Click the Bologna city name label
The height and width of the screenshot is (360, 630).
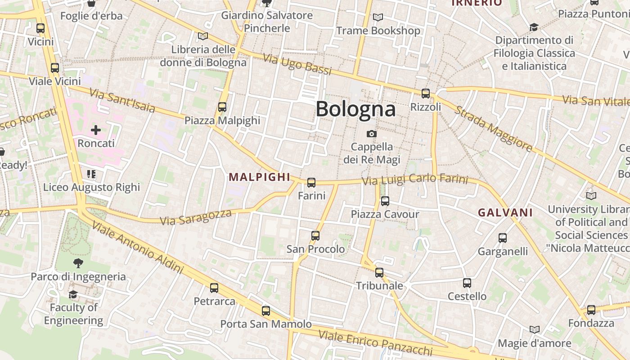coord(355,109)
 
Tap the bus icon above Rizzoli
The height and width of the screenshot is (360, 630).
coord(426,94)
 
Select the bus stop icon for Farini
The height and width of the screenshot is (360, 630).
coord(311,183)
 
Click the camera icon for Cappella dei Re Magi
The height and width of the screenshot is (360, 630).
coord(372,134)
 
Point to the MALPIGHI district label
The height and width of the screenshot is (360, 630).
coord(259,177)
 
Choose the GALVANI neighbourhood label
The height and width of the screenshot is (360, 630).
coord(505,213)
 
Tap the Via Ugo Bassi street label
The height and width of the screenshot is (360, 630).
coord(297,65)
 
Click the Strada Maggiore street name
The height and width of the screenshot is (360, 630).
coord(493,129)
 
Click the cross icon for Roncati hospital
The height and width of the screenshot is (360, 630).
coord(96,130)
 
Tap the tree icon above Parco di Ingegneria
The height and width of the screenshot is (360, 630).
coord(78,263)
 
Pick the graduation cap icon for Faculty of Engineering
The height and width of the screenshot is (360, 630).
coord(73,295)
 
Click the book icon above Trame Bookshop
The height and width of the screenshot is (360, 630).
coord(378,18)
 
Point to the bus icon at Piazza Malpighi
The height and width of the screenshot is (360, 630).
coord(222,107)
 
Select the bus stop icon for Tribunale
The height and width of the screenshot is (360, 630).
coord(379,273)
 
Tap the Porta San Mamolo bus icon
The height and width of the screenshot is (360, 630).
coord(266,310)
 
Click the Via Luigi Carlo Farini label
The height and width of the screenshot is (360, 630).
coord(415,180)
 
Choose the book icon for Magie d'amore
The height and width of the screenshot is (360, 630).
coord(534,330)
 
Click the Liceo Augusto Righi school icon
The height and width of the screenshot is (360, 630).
coord(91,174)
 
